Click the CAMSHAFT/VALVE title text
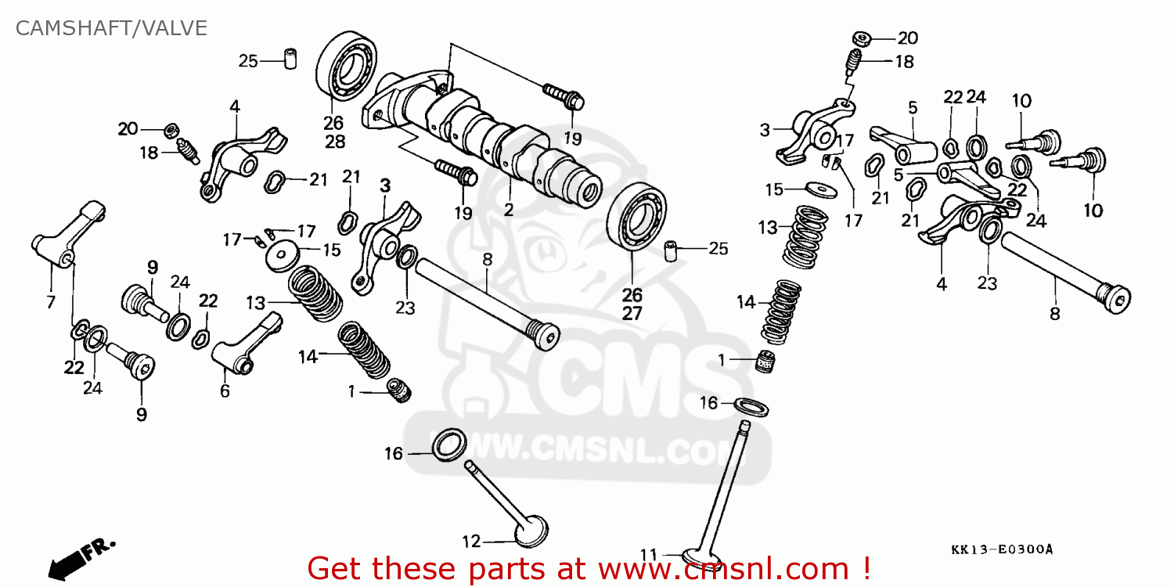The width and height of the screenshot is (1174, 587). coord(112,29)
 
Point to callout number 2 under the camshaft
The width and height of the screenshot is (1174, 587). coord(508,210)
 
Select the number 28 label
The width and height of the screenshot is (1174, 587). coord(334,142)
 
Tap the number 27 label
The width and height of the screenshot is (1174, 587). coord(632,314)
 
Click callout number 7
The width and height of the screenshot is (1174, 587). coord(51,302)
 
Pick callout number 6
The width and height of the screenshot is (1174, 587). coord(225,391)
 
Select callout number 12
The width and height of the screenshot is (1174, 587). coord(470,541)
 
